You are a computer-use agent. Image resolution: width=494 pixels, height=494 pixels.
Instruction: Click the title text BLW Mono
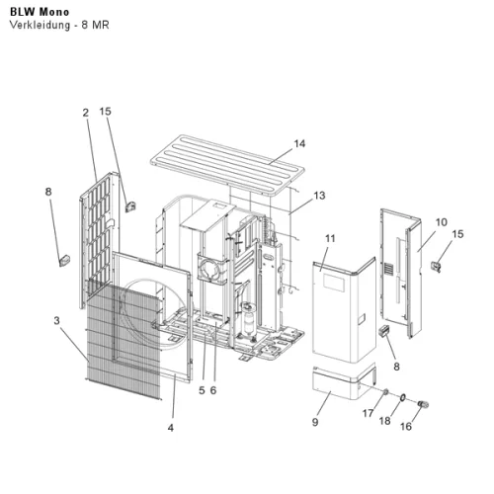click(40, 12)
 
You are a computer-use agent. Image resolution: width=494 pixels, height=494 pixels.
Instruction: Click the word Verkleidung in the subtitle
click(40, 25)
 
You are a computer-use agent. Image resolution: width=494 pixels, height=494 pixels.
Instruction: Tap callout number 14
click(299, 143)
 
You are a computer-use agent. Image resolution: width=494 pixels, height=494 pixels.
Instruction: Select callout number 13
click(319, 196)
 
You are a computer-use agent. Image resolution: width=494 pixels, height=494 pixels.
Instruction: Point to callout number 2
click(86, 113)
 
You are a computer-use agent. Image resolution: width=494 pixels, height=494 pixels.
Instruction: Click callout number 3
click(57, 320)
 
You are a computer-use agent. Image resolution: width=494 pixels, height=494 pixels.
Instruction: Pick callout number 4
click(171, 428)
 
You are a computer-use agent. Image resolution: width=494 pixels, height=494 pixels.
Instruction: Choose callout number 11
click(330, 238)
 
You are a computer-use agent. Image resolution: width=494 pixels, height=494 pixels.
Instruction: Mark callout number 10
click(442, 222)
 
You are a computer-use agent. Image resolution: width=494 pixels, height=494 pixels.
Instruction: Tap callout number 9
click(315, 422)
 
